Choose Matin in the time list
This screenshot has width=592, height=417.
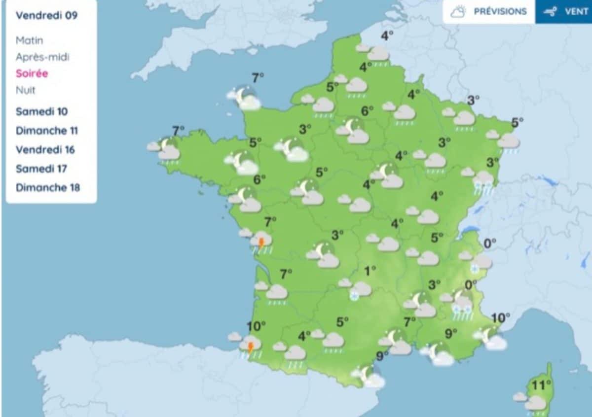(x=29, y=40)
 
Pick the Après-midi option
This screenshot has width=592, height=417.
(x=42, y=57)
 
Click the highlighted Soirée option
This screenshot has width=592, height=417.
(x=32, y=74)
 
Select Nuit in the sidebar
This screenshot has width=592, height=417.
(x=26, y=91)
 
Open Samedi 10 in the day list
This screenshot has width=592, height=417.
(x=41, y=111)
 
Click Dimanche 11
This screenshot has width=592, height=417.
(x=46, y=131)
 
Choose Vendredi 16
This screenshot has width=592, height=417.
(x=45, y=149)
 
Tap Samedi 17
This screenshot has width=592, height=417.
(x=41, y=169)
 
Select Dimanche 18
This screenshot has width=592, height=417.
(x=47, y=188)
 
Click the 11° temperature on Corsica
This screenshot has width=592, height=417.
(x=541, y=385)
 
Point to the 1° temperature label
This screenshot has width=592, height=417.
(x=370, y=270)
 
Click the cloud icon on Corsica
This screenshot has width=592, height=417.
(x=535, y=403)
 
